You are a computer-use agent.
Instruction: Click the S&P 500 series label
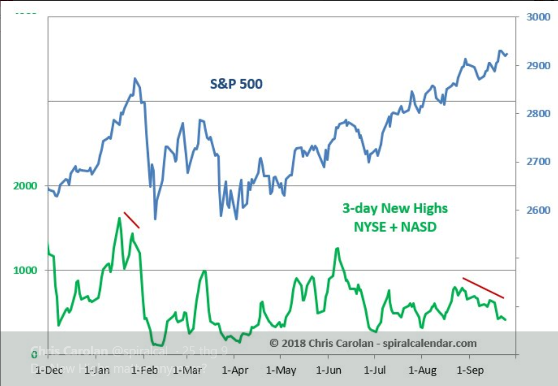236,84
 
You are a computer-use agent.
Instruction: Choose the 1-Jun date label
328,369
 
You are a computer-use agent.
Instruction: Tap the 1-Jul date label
375,369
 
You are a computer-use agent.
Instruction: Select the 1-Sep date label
469,369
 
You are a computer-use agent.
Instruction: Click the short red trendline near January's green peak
132,220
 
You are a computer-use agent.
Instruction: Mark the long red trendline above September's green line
483,288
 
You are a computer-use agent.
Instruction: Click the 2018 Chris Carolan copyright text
373,343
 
